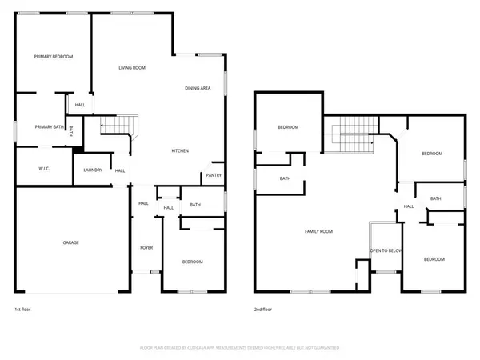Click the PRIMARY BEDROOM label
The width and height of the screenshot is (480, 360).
54,57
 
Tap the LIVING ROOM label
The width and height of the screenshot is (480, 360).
132,68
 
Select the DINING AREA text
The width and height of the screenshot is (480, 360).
198,88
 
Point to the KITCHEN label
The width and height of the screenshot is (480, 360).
180,150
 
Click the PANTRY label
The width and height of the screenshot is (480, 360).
214,175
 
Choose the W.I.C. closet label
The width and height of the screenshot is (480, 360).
45,169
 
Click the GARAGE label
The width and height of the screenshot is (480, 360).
70,242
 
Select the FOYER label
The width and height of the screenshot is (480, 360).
146,248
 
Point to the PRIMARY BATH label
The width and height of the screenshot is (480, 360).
49,126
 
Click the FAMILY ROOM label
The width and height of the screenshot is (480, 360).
318,232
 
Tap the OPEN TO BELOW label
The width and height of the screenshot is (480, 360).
386,250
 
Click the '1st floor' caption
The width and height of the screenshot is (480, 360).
23,309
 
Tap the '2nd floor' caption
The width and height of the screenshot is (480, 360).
262,309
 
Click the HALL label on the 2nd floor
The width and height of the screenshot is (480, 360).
408,206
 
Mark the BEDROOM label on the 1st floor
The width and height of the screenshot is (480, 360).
192,262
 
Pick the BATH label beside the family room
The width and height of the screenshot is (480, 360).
285,178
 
